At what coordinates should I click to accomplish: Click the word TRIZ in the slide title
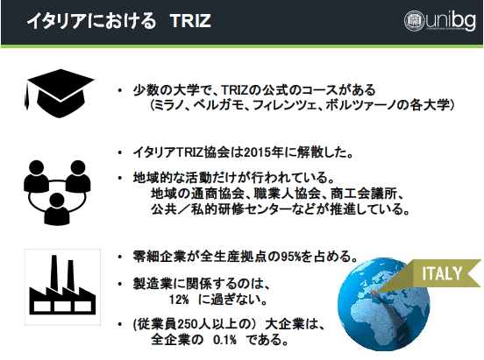[x=190, y=21]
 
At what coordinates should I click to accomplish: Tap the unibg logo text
[x=451, y=21]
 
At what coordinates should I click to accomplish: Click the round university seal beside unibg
[x=415, y=21]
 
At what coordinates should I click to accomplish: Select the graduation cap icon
[x=60, y=93]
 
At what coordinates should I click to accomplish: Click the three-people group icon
[x=57, y=193]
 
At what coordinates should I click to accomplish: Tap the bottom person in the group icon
[x=57, y=209]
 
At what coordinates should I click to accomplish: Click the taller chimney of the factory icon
[x=54, y=272]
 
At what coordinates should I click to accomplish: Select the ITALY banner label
[x=442, y=273]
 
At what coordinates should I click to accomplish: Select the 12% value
[x=179, y=300]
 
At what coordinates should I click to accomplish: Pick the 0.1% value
[x=224, y=340]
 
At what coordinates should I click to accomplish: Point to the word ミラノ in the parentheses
[x=168, y=105]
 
